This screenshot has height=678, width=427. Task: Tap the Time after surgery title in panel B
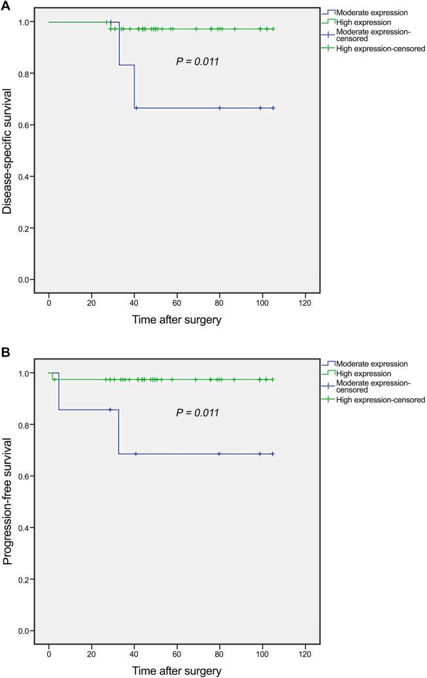pyautogui.click(x=176, y=670)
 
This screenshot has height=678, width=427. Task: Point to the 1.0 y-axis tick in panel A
pyautogui.click(x=23, y=22)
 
